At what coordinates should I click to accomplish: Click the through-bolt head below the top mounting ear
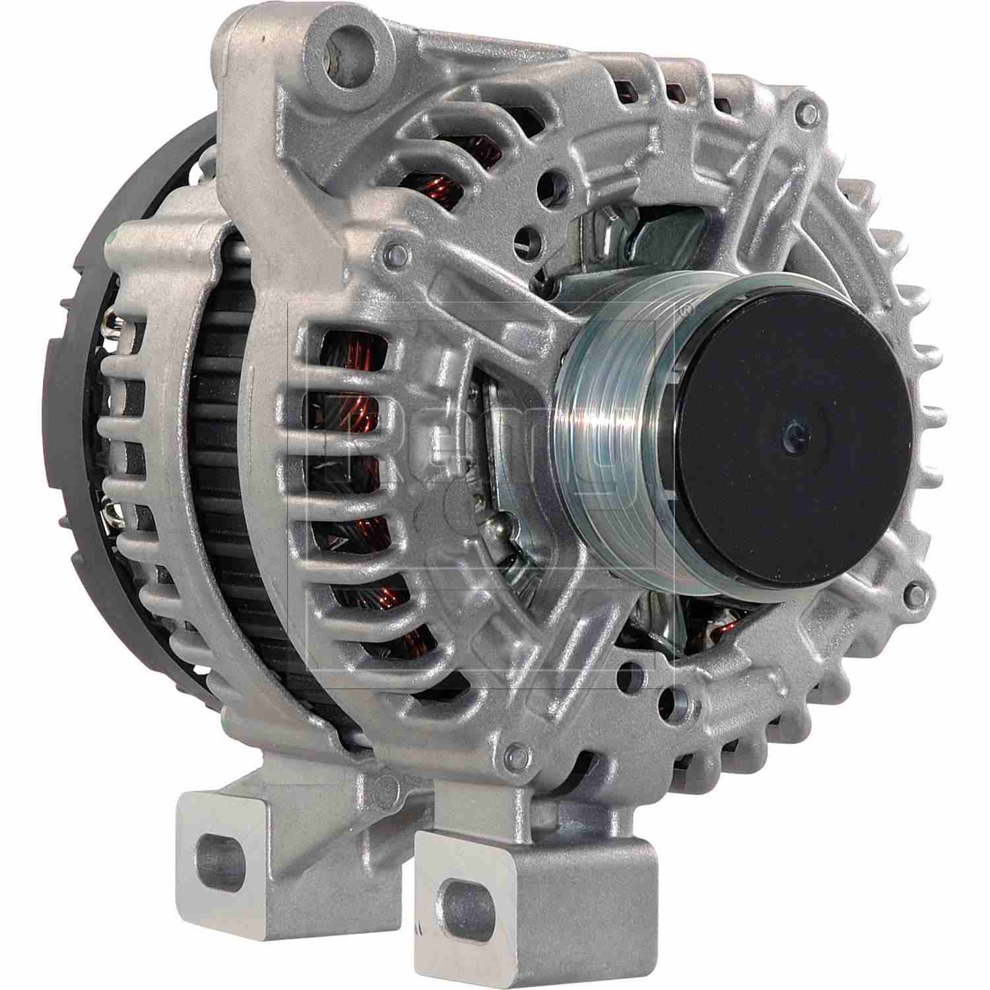point(394,251)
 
